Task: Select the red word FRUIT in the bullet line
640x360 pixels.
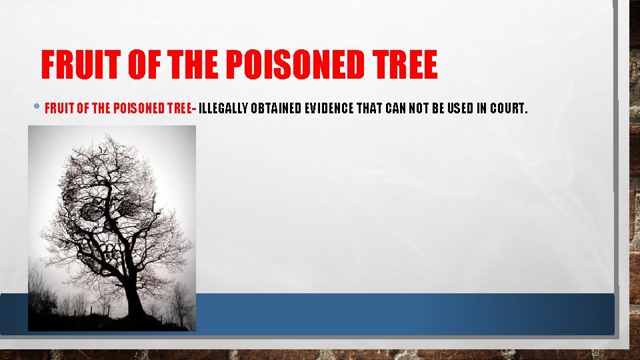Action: tap(58, 109)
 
